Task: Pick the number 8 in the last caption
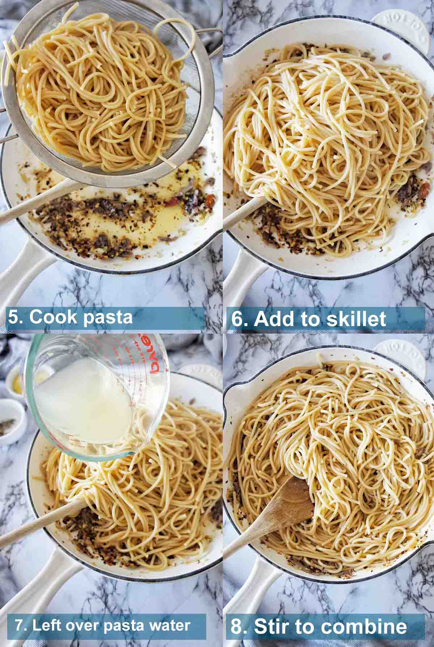pyautogui.click(x=237, y=627)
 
